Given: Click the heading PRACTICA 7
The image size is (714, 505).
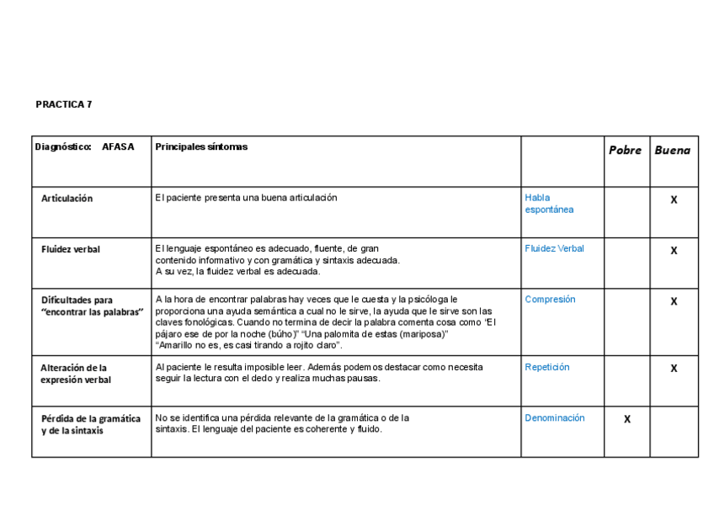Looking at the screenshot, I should pos(64,104).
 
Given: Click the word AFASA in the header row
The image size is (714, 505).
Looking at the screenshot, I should pos(118,146).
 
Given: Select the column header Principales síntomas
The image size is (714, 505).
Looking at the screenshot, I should pos(201,146).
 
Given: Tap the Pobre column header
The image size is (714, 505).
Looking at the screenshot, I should pos(625,150).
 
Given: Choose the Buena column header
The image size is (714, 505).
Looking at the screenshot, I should pos(672,150).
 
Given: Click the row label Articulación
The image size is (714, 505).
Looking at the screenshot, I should pos(67,199).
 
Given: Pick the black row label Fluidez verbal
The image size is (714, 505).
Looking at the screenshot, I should pos(71,249).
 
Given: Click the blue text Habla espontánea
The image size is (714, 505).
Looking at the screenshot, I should pos(549,204).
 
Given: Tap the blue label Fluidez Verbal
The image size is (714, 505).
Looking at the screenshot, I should pos(554,248).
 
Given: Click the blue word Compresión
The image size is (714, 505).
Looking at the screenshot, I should pos(550,299).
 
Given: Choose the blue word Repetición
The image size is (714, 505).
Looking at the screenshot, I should pos(547,367).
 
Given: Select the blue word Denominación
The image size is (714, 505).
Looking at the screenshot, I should pos(554,417).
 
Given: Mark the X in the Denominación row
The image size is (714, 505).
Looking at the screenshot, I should pos(626,419).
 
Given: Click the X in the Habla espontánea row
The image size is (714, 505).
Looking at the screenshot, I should pos(674,200).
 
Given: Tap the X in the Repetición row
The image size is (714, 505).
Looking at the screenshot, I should pos(674,369).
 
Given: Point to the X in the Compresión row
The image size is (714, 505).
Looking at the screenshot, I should pos(674,301).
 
